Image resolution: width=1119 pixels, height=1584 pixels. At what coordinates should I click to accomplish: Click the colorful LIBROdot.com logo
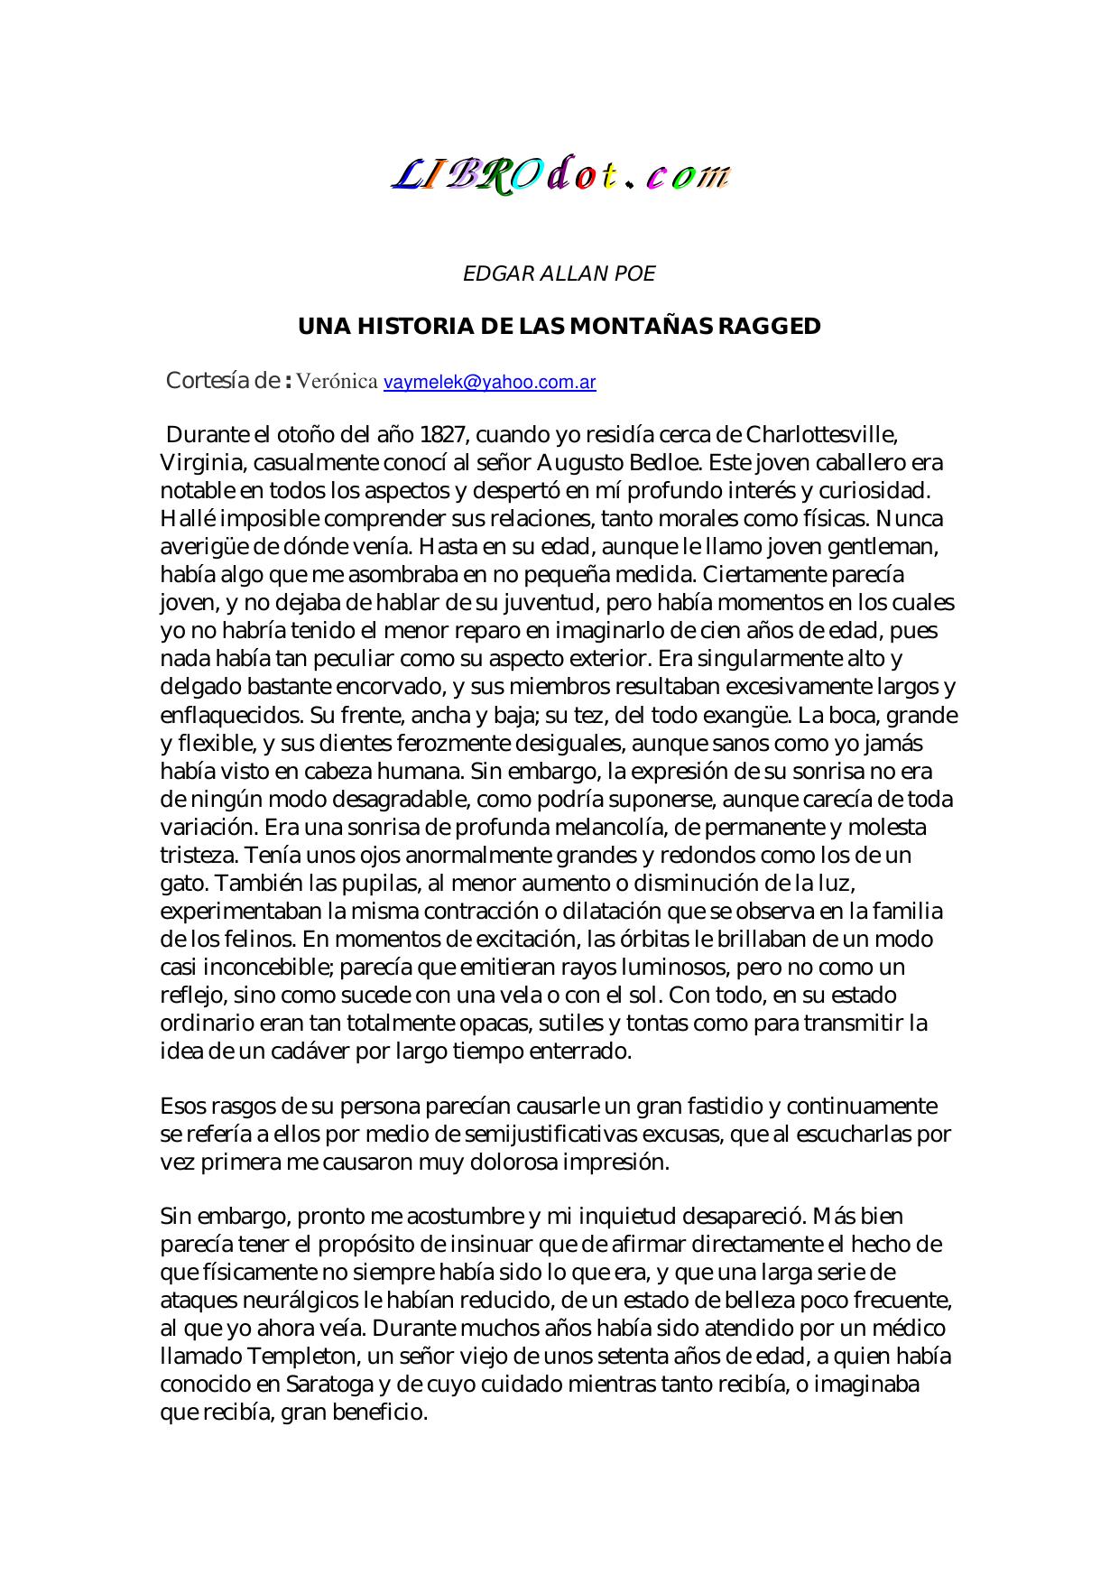click(x=559, y=175)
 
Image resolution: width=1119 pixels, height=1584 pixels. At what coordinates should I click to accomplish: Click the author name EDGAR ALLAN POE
click(x=559, y=273)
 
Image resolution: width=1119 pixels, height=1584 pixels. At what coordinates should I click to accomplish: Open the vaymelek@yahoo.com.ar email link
click(x=489, y=382)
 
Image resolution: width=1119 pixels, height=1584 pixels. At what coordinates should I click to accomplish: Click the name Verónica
click(x=337, y=381)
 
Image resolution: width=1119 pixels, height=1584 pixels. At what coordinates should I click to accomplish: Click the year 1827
click(x=442, y=435)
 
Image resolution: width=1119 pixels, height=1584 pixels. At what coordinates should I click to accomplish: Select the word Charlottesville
click(x=821, y=435)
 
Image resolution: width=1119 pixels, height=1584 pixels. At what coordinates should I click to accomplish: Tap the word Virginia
click(x=201, y=463)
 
